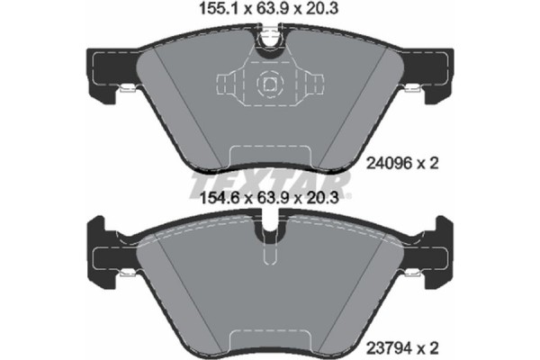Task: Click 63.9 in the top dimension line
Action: tap(271, 12)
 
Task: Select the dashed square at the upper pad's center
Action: tap(269, 85)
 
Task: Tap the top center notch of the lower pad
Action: tap(269, 232)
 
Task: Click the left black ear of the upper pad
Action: tap(102, 67)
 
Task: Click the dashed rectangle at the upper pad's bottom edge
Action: tap(269, 157)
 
